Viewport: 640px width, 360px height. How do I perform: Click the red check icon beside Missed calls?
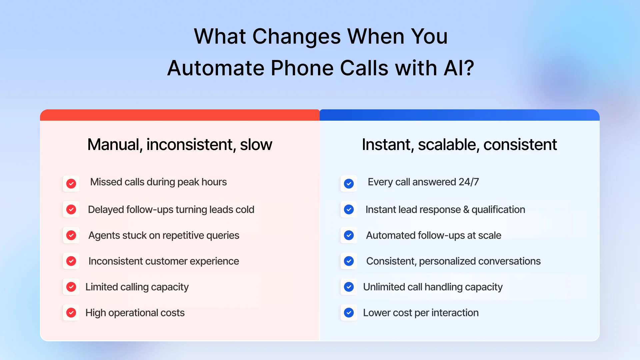tap(71, 183)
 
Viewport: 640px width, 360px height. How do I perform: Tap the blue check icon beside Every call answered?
tap(349, 183)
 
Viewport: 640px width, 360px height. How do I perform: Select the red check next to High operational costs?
tap(71, 313)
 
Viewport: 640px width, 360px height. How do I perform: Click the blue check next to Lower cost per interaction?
tap(349, 313)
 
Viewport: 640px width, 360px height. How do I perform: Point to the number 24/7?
tap(469, 182)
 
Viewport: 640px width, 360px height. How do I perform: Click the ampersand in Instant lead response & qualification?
tap(466, 210)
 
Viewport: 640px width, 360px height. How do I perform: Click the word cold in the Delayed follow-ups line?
tap(245, 210)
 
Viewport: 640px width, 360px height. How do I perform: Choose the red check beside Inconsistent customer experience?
tap(71, 261)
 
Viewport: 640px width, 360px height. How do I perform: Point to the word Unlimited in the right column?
tap(384, 287)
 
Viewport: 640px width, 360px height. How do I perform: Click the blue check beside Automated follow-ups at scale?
tap(349, 235)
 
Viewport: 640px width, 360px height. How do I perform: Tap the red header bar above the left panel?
tap(180, 115)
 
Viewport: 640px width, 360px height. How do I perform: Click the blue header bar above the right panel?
tap(459, 115)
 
